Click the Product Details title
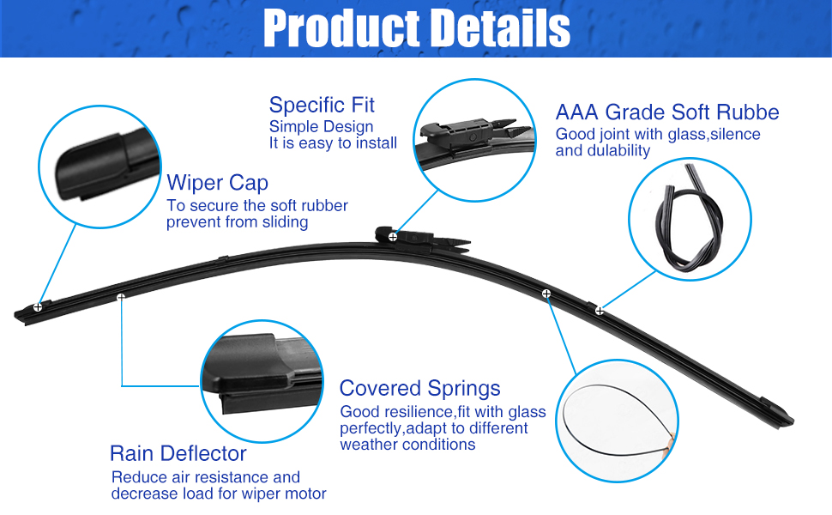coord(416,28)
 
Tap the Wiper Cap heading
coord(217,183)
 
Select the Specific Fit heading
coord(322,106)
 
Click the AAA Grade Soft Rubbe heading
coord(667,112)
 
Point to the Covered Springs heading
coord(420,388)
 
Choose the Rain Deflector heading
coord(178,453)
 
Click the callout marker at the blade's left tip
coord(39,306)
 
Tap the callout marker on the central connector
coord(393,236)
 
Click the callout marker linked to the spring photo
coord(546,294)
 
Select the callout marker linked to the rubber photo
coord(600,310)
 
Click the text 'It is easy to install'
coord(333,143)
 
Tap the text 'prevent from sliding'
coord(237,222)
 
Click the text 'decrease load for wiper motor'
coord(219,494)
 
